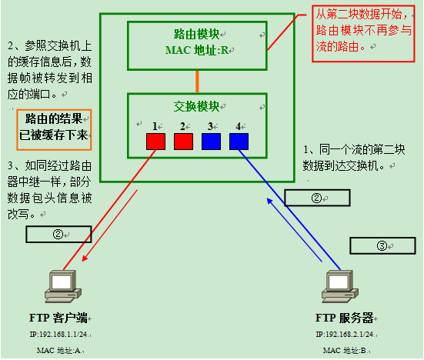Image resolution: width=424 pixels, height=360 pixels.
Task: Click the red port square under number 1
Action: pyautogui.click(x=156, y=141)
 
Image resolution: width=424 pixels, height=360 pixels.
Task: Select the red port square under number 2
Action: pyautogui.click(x=183, y=141)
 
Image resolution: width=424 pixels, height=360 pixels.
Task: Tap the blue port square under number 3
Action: pyautogui.click(x=211, y=141)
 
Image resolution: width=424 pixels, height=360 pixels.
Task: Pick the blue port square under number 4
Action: pyautogui.click(x=239, y=141)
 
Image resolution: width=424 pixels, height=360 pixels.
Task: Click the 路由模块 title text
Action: pyautogui.click(x=196, y=35)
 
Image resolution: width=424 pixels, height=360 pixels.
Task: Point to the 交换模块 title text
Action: pyautogui.click(x=196, y=105)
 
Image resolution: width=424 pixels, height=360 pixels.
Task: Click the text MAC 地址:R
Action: pyautogui.click(x=197, y=50)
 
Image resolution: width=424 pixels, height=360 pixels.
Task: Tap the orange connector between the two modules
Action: pyautogui.click(x=197, y=82)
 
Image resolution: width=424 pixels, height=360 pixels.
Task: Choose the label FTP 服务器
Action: pyautogui.click(x=345, y=318)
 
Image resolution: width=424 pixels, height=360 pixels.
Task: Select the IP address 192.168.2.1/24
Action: pyautogui.click(x=345, y=335)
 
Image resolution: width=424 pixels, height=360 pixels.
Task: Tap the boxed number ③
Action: pyautogui.click(x=382, y=245)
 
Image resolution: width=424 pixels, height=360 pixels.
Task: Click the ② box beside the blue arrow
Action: pyautogui.click(x=316, y=198)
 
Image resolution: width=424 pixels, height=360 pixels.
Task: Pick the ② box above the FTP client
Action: pyautogui.click(x=58, y=233)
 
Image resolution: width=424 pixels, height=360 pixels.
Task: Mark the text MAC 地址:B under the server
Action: pyautogui.click(x=344, y=350)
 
